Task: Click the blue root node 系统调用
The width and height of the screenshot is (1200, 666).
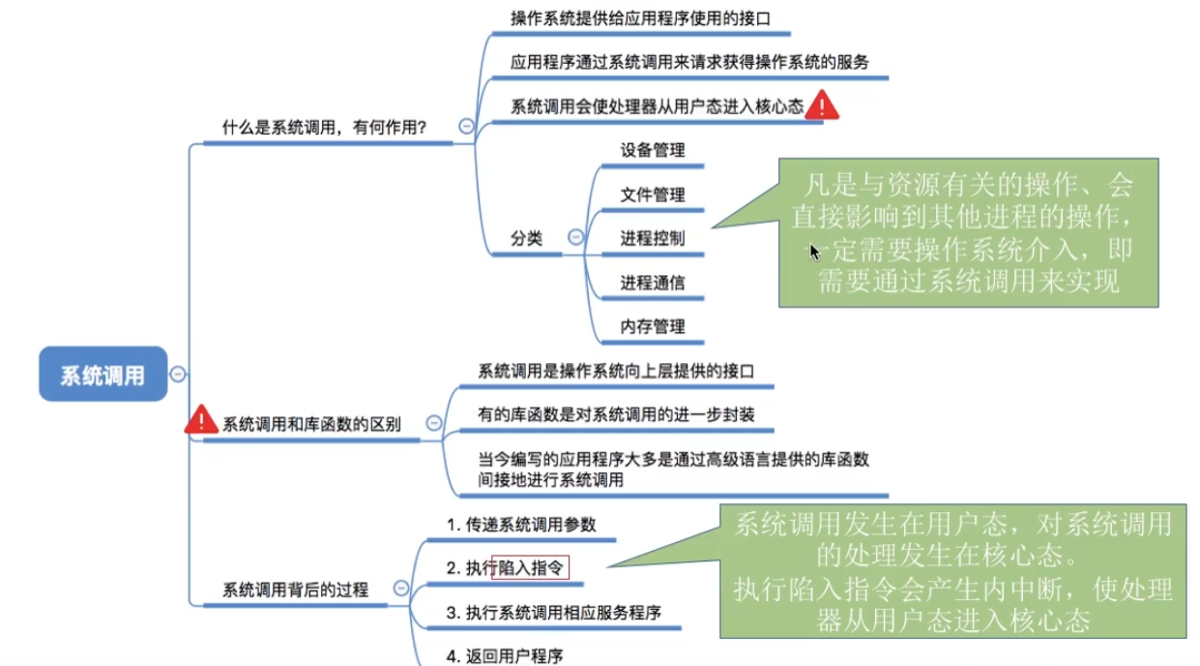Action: (x=102, y=375)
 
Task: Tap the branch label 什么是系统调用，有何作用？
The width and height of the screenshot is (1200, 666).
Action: (x=325, y=127)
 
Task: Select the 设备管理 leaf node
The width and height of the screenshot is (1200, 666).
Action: (x=652, y=150)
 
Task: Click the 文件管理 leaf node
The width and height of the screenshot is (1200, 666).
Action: (x=652, y=195)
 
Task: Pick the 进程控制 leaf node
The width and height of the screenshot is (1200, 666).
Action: (x=652, y=238)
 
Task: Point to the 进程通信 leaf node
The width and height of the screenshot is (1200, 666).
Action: (x=652, y=283)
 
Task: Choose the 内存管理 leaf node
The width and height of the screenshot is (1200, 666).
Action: (x=652, y=327)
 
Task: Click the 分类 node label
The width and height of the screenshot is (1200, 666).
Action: (x=527, y=238)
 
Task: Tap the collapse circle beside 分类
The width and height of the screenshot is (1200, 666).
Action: (x=575, y=237)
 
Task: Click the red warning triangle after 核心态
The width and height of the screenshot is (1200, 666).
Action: (x=822, y=106)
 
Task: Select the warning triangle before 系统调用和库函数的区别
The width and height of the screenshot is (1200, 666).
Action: (x=201, y=420)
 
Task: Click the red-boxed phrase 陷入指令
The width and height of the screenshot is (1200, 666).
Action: (x=530, y=568)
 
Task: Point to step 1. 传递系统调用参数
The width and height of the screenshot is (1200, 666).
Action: (x=521, y=525)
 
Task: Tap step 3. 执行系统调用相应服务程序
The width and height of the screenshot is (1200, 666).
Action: (x=553, y=612)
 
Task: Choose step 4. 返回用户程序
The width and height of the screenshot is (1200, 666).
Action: (x=504, y=655)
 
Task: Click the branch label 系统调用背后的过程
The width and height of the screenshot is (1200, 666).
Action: (x=295, y=589)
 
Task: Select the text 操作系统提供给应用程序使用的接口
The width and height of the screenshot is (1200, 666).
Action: (x=639, y=17)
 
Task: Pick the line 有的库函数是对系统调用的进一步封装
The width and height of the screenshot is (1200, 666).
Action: (x=616, y=414)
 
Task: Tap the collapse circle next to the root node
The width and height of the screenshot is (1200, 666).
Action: (x=178, y=375)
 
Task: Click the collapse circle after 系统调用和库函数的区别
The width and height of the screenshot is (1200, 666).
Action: (x=434, y=423)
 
